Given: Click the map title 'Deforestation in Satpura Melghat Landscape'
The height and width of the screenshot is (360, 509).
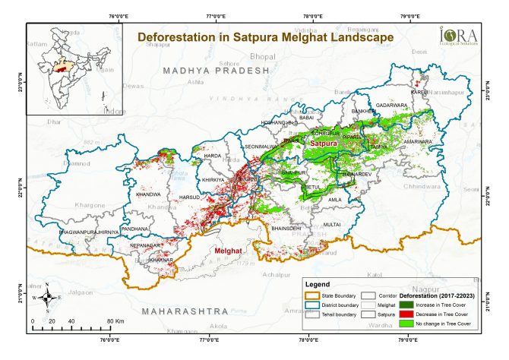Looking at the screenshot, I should (x=264, y=36).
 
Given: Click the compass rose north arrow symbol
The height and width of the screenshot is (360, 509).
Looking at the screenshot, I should (x=47, y=298).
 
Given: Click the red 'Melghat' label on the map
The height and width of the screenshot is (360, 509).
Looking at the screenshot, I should (x=229, y=251).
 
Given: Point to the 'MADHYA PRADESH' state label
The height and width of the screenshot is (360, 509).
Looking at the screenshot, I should (x=216, y=70).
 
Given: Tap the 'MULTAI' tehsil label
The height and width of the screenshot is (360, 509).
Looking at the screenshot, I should (x=332, y=225).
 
